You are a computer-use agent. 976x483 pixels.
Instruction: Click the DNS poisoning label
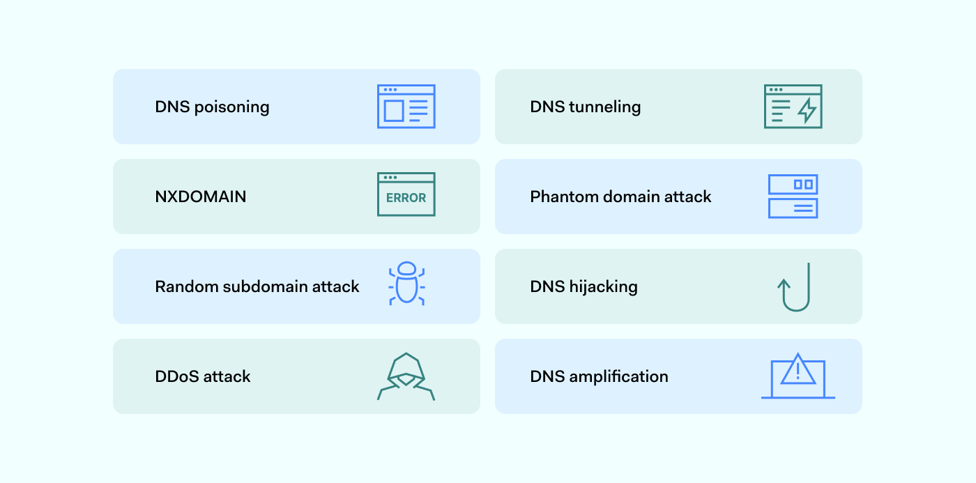(212, 107)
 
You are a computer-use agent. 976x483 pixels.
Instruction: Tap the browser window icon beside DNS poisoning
(406, 107)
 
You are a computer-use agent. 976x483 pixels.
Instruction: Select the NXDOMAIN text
(200, 197)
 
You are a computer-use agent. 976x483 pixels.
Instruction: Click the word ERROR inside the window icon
(406, 198)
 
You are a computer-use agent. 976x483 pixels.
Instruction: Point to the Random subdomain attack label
(257, 286)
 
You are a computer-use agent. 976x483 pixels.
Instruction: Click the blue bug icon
(406, 284)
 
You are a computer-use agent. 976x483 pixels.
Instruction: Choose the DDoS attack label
(202, 376)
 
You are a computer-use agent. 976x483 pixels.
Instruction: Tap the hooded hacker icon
(406, 376)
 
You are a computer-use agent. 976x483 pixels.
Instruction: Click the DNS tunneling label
(585, 107)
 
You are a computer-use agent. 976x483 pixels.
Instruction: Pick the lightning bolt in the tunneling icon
(807, 111)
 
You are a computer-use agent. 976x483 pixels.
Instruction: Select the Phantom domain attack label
(620, 197)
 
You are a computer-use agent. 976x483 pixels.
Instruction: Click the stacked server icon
(793, 197)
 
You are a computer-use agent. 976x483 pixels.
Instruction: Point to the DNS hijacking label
(584, 286)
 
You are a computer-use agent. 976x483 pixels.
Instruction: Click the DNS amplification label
(599, 376)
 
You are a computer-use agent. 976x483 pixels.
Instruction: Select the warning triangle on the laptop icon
(798, 370)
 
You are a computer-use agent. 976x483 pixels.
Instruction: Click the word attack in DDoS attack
(227, 376)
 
